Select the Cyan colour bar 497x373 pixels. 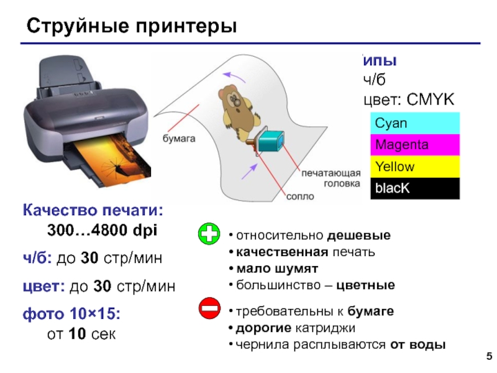[x=414, y=123]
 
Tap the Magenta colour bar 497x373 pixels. [x=414, y=145]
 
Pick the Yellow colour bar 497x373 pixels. [x=414, y=167]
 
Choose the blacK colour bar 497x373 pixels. [x=414, y=188]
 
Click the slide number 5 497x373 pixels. [x=488, y=356]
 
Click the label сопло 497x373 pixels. [x=300, y=196]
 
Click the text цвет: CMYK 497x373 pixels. [x=409, y=99]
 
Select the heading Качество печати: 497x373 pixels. [x=93, y=210]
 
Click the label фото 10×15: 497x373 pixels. [x=71, y=315]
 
